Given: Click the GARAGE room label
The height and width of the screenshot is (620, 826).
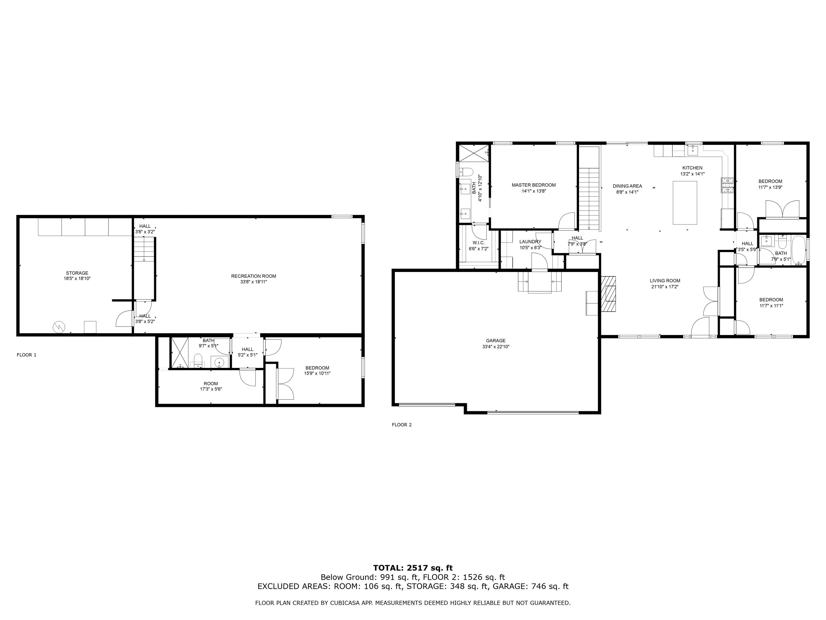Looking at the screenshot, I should point(496,341).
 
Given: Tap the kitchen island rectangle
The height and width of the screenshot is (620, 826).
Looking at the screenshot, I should point(684,203).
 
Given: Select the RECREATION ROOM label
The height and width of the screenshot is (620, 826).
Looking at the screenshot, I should point(254,276).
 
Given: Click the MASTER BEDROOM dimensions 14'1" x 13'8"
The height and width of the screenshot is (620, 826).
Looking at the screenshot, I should point(534,191).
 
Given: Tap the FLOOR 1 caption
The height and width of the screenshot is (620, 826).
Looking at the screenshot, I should point(26,355).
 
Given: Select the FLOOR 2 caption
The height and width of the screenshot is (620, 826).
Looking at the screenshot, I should point(401,425).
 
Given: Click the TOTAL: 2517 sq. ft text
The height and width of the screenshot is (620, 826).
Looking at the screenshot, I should point(413,568).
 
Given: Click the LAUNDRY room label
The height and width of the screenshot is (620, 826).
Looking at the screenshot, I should point(530,241).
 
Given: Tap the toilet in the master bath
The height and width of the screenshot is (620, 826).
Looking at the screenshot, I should point(466,172).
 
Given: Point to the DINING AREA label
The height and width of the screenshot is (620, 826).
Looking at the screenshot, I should point(627,186).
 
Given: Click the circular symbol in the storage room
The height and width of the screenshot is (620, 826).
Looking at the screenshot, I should point(59,327).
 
